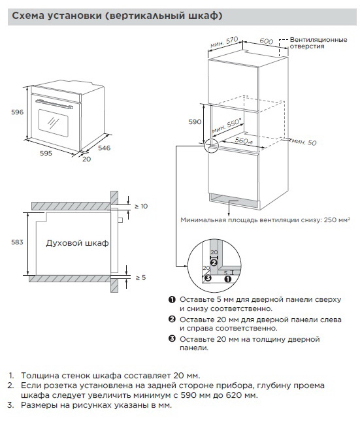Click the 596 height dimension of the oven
click(18, 112)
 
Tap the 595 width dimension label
click(46, 154)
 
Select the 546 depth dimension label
click(104, 148)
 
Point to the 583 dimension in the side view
click(17, 242)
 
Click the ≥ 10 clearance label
click(141, 206)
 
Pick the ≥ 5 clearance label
click(140, 278)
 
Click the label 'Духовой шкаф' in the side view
click(78, 243)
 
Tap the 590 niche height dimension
click(195, 122)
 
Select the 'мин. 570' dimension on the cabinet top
click(224, 42)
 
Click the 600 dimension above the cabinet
click(267, 41)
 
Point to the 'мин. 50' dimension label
click(304, 142)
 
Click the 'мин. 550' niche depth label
click(226, 126)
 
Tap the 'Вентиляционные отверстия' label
click(318, 43)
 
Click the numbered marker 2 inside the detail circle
click(214, 263)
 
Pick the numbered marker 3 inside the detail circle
click(208, 278)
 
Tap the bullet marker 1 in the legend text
click(172, 299)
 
